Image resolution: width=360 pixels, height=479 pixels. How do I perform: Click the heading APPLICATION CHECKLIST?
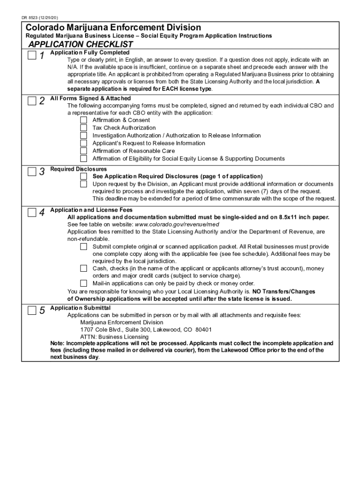(x=81, y=44)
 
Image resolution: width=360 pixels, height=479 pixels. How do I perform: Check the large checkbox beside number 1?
(x=31, y=56)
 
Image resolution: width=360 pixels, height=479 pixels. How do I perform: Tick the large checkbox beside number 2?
(x=31, y=101)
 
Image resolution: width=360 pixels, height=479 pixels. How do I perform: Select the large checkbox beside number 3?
(x=31, y=172)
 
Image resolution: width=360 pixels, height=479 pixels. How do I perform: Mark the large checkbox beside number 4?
(x=31, y=213)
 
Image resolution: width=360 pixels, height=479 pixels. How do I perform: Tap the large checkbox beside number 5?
(x=31, y=311)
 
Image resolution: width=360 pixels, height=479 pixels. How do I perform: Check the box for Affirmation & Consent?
(x=84, y=120)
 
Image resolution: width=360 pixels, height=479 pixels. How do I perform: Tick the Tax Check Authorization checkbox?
(x=84, y=128)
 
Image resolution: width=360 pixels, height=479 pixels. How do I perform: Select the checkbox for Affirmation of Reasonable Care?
(x=84, y=151)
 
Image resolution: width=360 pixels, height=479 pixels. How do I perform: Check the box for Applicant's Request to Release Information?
(x=84, y=143)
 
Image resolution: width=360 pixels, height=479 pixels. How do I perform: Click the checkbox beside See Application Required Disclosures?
(x=84, y=176)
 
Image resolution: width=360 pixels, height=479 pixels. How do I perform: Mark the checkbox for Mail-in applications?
(x=84, y=283)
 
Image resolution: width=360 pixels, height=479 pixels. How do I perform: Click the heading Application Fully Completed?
(x=90, y=52)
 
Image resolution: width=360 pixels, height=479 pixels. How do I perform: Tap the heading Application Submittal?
(x=80, y=308)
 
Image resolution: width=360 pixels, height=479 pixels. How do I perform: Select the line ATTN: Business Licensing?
(x=108, y=337)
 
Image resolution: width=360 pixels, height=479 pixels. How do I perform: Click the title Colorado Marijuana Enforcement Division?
(x=113, y=28)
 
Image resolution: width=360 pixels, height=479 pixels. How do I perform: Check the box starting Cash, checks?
(x=84, y=269)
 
